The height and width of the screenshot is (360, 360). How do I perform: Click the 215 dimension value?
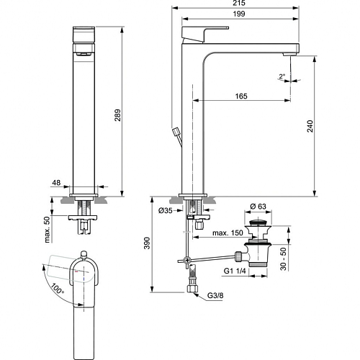pos(239,3)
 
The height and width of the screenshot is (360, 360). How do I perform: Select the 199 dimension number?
pos(239,14)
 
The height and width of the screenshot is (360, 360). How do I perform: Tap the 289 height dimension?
pos(117,115)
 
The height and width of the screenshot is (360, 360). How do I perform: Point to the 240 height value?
pos(310,126)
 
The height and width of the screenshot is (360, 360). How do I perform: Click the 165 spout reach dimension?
pos(241,96)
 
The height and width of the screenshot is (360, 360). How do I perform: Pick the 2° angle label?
pos(282,76)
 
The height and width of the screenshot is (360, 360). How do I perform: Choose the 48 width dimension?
pos(56,183)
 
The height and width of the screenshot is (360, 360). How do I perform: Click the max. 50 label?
pos(48,230)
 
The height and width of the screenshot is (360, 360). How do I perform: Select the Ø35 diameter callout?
pos(166,210)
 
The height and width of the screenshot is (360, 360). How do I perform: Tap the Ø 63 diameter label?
pos(258,206)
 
